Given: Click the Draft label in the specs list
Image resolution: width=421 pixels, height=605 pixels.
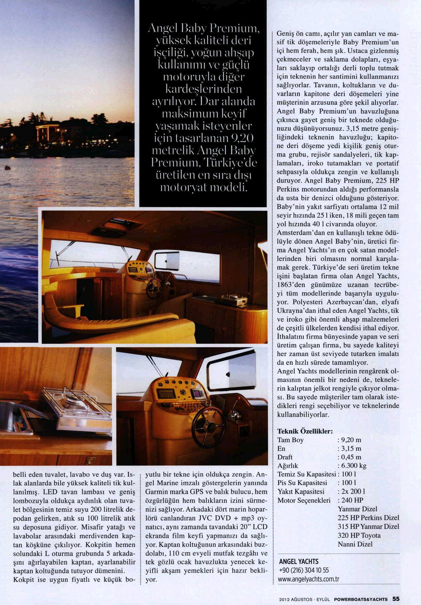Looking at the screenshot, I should pos(285,457).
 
